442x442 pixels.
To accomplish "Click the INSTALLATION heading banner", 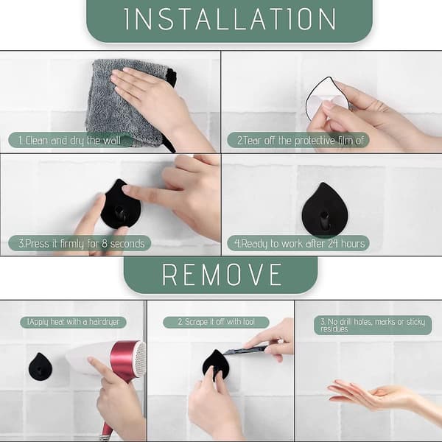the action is [x=229, y=20].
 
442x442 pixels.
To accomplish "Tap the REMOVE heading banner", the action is [x=221, y=275].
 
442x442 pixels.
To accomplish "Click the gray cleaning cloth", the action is [x=124, y=102].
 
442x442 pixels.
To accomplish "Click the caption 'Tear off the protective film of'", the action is [x=301, y=141].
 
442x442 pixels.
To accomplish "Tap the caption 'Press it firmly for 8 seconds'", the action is [x=82, y=244].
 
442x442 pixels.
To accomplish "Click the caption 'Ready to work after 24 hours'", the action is [x=300, y=244].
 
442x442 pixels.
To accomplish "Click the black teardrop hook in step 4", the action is [x=324, y=210].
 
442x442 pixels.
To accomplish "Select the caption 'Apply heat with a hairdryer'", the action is [x=73, y=322].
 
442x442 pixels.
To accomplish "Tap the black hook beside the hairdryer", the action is [x=41, y=366].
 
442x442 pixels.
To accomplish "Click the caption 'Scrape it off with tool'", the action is [x=216, y=322].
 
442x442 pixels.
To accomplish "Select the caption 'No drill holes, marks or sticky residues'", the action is [x=373, y=325].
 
